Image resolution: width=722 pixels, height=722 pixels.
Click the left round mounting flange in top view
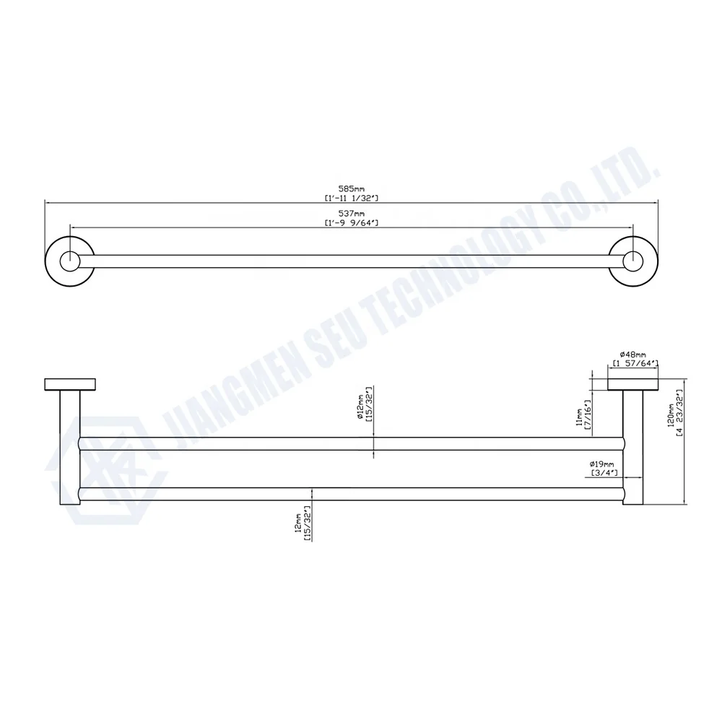tap(69, 261)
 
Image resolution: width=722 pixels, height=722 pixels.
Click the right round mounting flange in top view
tap(633, 261)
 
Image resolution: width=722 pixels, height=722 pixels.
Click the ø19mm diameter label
tap(601, 464)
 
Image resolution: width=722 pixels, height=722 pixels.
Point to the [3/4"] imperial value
tap(601, 473)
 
